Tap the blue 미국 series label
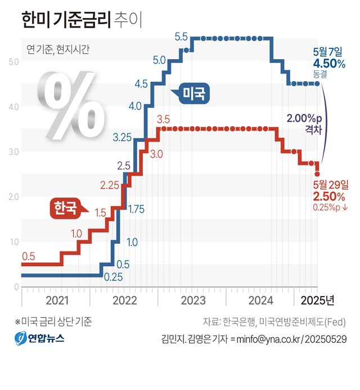click(x=195, y=93)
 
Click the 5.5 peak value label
click(x=181, y=37)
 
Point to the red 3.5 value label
click(x=163, y=119)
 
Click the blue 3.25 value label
click(x=122, y=137)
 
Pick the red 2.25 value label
click(x=110, y=185)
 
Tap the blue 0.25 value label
click(x=114, y=276)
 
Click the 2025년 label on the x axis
click(x=318, y=299)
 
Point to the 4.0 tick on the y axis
click(x=14, y=106)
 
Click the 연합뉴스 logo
click(x=39, y=339)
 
